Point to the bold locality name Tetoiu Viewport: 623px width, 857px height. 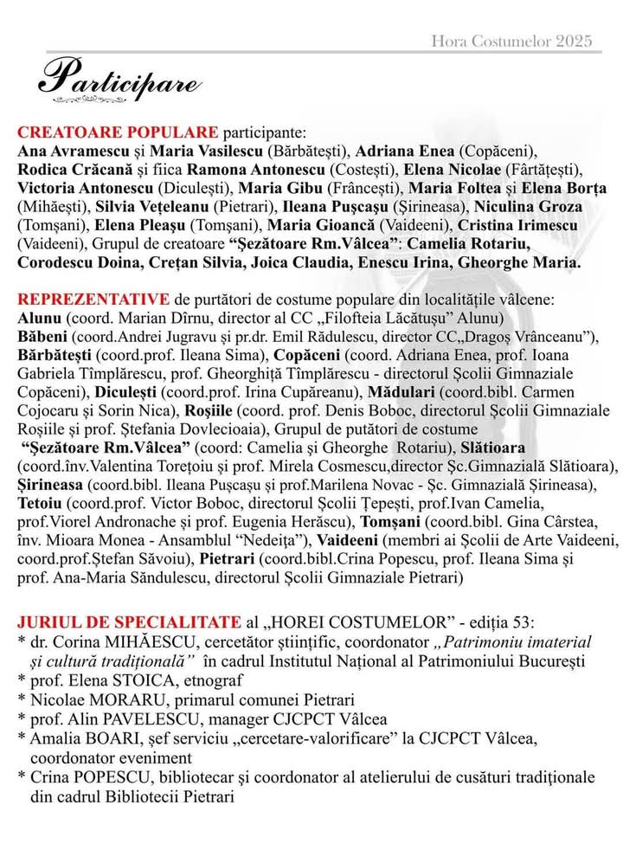(x=39, y=502)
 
